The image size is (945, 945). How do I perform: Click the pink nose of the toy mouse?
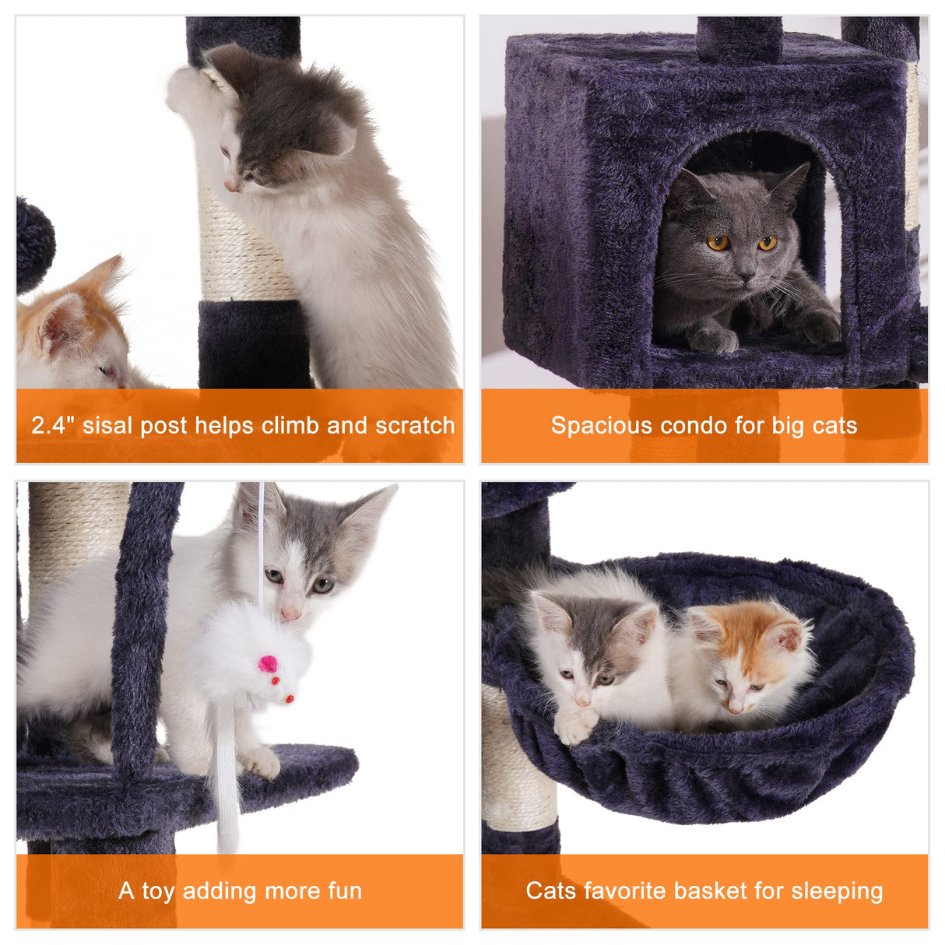(267, 664)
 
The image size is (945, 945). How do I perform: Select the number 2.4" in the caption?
(53, 426)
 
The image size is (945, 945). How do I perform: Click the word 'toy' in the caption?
(157, 891)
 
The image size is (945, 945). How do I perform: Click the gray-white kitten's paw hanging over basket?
(574, 724)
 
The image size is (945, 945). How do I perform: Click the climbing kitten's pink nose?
(231, 185)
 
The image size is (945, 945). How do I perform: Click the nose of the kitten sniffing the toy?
(291, 614)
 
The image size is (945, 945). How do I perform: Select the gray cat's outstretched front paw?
(817, 327)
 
